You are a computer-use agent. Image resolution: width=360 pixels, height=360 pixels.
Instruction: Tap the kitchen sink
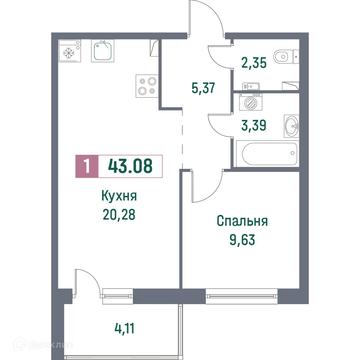coord(102,51)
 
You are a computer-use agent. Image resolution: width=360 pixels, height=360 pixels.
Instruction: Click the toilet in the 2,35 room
coord(284,56)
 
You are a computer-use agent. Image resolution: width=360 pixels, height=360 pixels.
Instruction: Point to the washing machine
coord(251,102)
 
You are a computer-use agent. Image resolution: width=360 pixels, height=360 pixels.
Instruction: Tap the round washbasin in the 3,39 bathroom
coord(291,126)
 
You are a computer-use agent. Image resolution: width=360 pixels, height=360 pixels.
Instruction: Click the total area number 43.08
coord(130,166)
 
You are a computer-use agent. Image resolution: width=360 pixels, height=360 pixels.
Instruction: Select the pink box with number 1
coord(86,166)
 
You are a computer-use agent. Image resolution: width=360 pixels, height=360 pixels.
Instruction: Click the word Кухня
coord(119,197)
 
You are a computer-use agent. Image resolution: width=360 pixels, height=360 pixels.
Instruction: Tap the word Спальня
coord(242,221)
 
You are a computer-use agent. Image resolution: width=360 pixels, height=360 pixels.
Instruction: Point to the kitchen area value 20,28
coord(119,215)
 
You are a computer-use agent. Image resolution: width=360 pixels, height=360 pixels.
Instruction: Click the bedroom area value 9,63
coord(242,239)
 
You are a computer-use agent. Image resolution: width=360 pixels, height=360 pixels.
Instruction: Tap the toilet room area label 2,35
coord(254,63)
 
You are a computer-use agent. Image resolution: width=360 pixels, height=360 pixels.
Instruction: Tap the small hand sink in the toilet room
coord(251,86)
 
